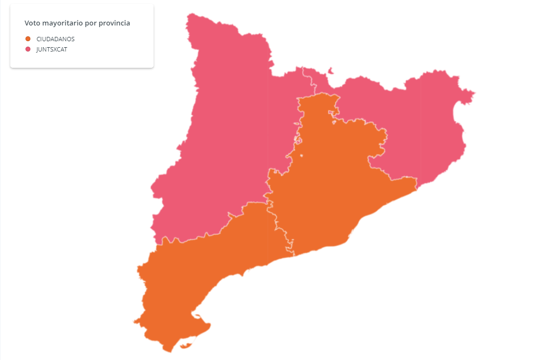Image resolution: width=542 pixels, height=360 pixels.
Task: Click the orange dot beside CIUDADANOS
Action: [x=28, y=39]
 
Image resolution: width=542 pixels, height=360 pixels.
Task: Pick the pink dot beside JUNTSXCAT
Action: [x=28, y=49]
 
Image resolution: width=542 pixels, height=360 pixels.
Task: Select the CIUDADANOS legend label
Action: [x=55, y=39]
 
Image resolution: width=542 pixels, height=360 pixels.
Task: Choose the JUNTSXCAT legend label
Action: [x=52, y=49]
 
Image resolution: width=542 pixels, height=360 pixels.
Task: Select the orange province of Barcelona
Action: [x=331, y=184]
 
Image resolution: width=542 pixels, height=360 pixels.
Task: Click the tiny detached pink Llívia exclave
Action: [x=331, y=70]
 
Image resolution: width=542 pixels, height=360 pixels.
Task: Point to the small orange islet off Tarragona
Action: [x=187, y=345]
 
